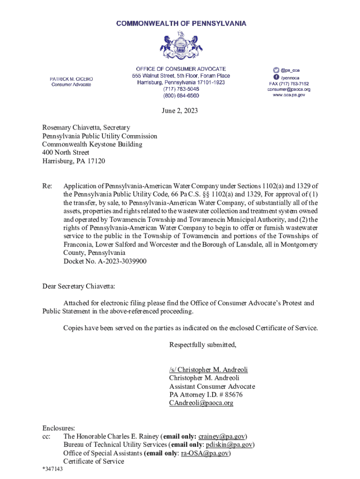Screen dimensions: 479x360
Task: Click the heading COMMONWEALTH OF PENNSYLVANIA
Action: (x=181, y=23)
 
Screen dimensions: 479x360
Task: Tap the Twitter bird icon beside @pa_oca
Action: (x=276, y=69)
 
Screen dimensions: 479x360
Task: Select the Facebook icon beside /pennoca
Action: (x=276, y=77)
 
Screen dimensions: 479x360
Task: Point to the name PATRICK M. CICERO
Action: (x=72, y=79)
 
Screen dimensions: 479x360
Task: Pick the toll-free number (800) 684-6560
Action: (x=181, y=95)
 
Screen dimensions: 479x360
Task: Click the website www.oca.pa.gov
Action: (x=289, y=95)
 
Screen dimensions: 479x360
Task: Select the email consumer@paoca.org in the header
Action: (x=289, y=89)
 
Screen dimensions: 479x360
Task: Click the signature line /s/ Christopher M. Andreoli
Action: (x=209, y=370)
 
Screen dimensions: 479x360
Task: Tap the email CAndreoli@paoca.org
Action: (x=201, y=403)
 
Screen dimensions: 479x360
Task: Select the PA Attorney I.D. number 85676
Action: (x=234, y=395)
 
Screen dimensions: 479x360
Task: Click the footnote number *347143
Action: (x=52, y=470)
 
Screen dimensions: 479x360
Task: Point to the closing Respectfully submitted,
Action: (x=203, y=345)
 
